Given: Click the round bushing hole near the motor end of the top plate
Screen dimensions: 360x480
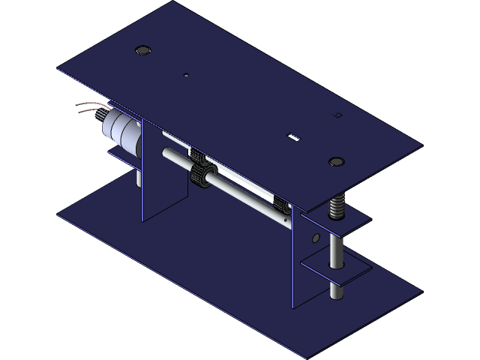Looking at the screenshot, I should [142, 50].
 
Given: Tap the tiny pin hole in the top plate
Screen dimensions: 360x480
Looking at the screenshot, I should [186, 74].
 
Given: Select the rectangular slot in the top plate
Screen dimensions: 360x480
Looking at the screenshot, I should [294, 136].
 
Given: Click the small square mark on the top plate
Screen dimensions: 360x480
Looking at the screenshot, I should [337, 115].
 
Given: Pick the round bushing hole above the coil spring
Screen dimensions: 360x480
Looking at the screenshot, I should [336, 161].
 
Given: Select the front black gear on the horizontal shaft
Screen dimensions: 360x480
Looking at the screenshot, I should [202, 178].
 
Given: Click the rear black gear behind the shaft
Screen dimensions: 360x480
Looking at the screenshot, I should [197, 157].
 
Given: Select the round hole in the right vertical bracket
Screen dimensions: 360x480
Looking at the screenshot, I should [315, 238].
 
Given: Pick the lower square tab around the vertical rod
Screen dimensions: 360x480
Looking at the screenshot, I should [335, 268].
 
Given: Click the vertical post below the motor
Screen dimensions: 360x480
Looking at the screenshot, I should [138, 176].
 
